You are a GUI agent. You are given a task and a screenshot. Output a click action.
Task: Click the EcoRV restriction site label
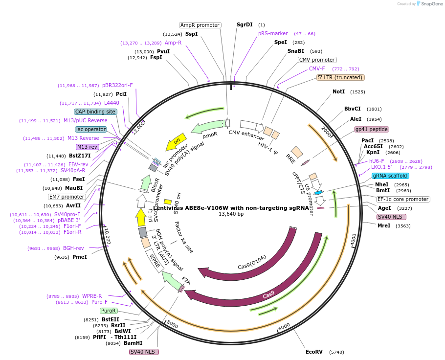(x=314, y=352)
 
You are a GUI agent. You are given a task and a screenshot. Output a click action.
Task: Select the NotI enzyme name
(x=338, y=91)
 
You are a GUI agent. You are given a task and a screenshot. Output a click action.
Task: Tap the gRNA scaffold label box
(x=390, y=176)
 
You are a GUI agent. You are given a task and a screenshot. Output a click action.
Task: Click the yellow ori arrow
(x=176, y=142)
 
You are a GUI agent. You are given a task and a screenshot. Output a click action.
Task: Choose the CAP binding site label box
(x=95, y=112)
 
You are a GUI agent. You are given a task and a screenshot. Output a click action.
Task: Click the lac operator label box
(x=91, y=129)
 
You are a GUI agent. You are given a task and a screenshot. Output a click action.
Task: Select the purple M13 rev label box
(x=88, y=147)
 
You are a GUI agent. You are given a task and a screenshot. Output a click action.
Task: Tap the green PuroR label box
(x=109, y=311)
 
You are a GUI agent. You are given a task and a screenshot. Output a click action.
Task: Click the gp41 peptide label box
(x=372, y=129)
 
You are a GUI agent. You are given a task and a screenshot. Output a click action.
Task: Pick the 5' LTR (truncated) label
(x=340, y=77)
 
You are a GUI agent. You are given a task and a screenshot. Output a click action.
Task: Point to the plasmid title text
(x=231, y=208)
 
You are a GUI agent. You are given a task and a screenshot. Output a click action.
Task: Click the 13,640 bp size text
(x=231, y=214)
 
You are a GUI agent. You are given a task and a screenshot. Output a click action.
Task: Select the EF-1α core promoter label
(x=403, y=199)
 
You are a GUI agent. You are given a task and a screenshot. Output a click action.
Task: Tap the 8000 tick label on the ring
(x=172, y=324)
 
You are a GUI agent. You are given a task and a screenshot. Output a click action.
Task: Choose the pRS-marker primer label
(x=273, y=33)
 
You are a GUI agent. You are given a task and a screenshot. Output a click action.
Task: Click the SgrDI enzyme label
(x=245, y=24)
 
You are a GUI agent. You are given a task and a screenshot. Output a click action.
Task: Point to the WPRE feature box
(x=155, y=261)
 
